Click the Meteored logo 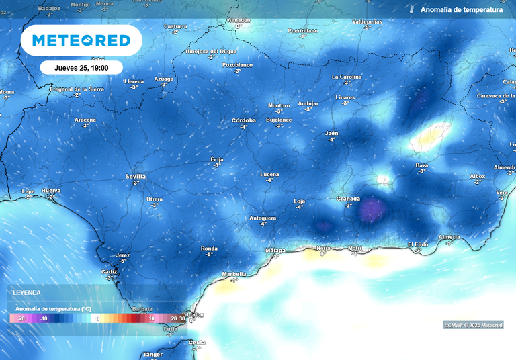tap(81, 41)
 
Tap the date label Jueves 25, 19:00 tap(81, 67)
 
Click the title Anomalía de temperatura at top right tap(461, 10)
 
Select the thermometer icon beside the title tap(411, 10)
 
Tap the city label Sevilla tap(136, 177)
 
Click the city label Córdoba tap(243, 121)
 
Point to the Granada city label tap(348, 199)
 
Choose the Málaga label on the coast tap(275, 251)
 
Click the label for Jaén tap(331, 134)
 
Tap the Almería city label tap(449, 237)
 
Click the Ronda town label tap(209, 249)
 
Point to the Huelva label tap(51, 191)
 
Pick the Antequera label tap(263, 218)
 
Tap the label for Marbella tap(234, 274)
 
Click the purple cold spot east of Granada tap(370, 212)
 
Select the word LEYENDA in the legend tap(27, 293)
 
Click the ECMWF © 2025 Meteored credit tap(473, 325)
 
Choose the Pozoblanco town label tap(237, 65)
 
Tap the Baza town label tap(422, 165)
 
